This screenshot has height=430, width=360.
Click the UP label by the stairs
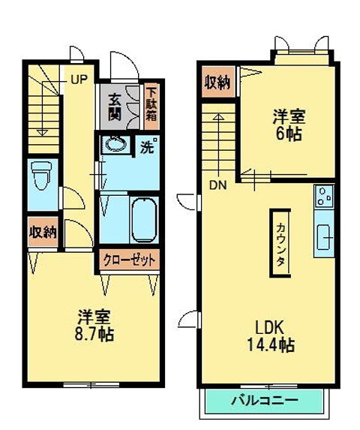[x=79, y=77]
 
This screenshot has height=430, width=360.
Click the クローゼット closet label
[x=130, y=260]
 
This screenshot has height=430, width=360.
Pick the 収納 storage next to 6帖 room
[x=218, y=83]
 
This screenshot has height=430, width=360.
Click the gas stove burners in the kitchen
[x=324, y=197]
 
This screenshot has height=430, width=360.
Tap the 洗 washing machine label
[x=148, y=146]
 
